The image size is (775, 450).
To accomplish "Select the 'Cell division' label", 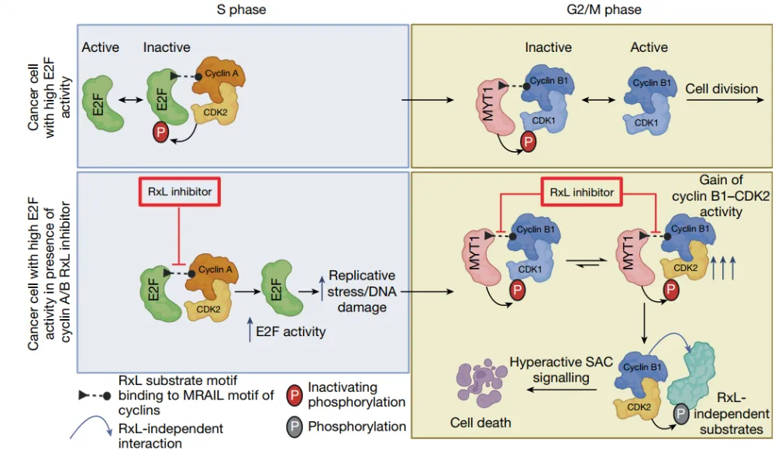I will coord(722,88).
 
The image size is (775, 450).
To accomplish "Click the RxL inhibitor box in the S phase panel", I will coord(179,192).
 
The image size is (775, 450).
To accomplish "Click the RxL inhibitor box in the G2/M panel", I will coord(581,191).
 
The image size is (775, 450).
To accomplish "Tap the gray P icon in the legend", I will coord(294,426).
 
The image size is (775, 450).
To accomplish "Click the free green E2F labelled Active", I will coord(99,98).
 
